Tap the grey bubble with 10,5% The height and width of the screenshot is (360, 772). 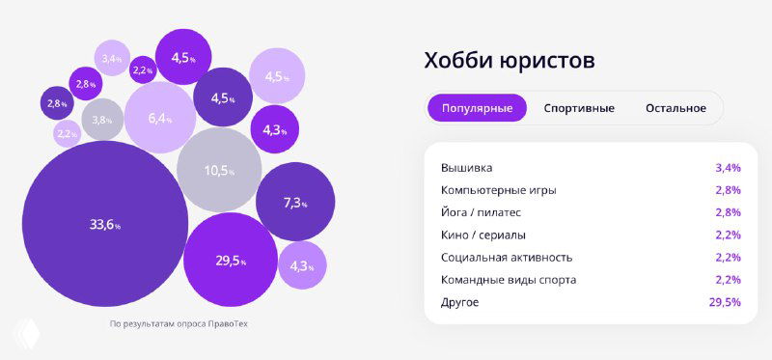pos(219,171)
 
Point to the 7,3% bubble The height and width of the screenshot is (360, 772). pos(294,203)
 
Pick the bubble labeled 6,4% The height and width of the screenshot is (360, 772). pos(159,119)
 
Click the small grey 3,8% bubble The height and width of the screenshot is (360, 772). pos(102,121)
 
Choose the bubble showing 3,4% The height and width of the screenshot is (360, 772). pos(113,59)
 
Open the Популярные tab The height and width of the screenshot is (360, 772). pos(477,108)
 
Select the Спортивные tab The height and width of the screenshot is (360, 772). pos(579,108)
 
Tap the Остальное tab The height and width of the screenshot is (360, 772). pos(675,108)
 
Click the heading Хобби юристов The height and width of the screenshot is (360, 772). pos(510,61)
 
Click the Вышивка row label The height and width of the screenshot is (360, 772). pos(466,168)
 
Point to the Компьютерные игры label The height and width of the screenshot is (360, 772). pos(498,190)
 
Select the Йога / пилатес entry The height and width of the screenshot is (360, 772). pos(482,212)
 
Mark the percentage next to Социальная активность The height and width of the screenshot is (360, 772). pos(728,258)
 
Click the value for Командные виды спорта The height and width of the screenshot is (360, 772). pos(728,280)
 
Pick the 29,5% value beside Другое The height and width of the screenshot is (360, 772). pos(725,302)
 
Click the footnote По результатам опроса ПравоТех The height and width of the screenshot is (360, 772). pos(179,323)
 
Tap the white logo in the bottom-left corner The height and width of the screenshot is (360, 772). pos(23,334)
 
